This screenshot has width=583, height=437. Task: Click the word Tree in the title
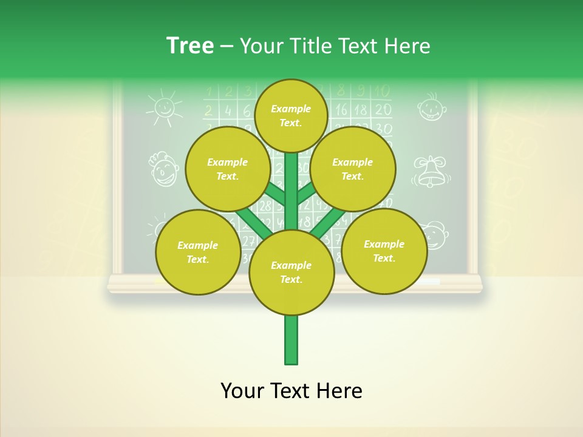pos(190,46)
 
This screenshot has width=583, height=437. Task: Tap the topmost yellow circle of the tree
pos(291,115)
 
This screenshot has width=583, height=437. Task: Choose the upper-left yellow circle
pos(228,169)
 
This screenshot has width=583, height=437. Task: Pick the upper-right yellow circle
pos(353,169)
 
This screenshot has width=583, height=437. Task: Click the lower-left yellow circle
pos(198,252)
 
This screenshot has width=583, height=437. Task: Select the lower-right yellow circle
pos(384,251)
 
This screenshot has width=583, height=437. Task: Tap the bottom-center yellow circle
pos(291,272)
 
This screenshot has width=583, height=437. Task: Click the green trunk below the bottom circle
pos(291,339)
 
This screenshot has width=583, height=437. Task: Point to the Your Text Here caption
pos(291,391)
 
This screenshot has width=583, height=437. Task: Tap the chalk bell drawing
pos(431,171)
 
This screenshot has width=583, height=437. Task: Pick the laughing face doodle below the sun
pos(163,169)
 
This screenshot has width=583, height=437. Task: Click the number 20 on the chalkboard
pos(383,110)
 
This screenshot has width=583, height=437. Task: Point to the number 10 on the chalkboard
pos(382,92)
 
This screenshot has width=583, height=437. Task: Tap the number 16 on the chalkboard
pos(341,110)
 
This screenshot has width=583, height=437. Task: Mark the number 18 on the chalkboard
pos(361,110)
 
